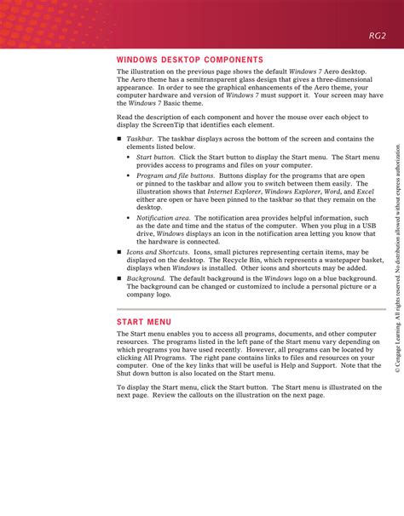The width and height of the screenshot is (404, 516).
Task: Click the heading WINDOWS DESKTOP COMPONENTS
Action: coord(190,60)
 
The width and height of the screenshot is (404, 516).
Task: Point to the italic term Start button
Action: coord(155,157)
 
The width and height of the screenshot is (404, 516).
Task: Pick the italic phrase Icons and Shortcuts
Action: coord(158,252)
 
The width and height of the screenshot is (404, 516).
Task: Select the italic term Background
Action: coord(146,278)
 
